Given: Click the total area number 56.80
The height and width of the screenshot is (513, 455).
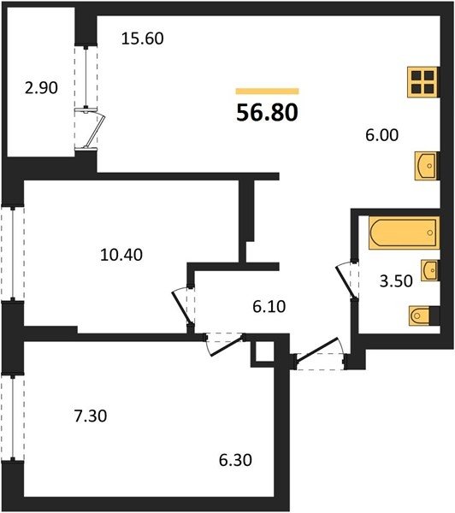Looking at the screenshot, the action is [x=267, y=113].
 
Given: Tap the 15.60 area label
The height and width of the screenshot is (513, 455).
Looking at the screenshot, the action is [x=142, y=38].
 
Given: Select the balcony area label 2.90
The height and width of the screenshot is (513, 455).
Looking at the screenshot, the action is [x=41, y=88].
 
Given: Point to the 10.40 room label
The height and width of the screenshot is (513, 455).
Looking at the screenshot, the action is [x=121, y=255].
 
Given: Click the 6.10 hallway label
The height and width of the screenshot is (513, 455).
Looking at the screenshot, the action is [x=269, y=307].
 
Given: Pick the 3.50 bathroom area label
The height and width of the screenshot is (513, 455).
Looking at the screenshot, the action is [x=396, y=281].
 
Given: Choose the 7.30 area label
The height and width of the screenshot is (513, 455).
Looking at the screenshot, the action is [x=91, y=416].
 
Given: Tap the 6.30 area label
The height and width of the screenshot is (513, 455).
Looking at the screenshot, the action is [x=235, y=460].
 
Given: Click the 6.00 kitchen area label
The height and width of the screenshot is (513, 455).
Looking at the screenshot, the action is [x=382, y=135].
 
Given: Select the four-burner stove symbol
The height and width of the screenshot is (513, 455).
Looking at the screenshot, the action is [x=422, y=82].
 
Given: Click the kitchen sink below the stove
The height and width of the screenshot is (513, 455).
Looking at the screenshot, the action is [x=426, y=166].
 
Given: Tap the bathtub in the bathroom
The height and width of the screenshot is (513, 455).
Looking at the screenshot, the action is [x=404, y=233].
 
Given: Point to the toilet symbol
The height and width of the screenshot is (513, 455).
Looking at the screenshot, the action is [x=423, y=315].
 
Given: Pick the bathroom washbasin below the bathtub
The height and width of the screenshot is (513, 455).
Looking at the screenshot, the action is [x=429, y=270].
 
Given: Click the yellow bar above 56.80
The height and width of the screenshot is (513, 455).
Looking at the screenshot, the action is [x=267, y=91].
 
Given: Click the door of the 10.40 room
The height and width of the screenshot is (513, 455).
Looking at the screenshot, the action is [x=182, y=307].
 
